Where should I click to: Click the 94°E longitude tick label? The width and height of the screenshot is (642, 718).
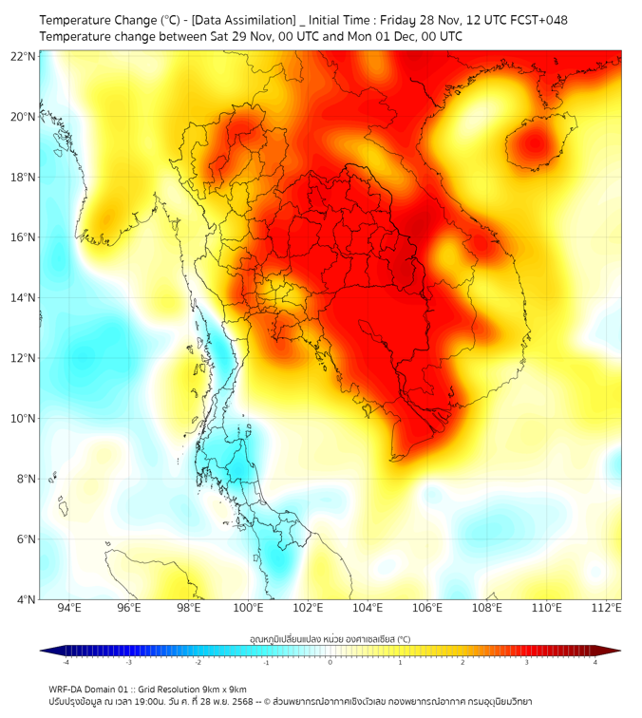[x=69, y=609]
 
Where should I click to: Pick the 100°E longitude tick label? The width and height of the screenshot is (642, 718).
[x=249, y=609]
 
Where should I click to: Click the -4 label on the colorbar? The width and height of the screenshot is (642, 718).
[x=66, y=662]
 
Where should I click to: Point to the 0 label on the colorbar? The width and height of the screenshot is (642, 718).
[x=330, y=662]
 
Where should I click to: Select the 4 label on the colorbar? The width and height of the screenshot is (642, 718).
[x=595, y=662]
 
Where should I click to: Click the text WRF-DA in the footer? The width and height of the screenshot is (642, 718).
[x=66, y=690]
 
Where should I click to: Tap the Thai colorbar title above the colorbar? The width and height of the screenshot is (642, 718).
[x=330, y=639]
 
